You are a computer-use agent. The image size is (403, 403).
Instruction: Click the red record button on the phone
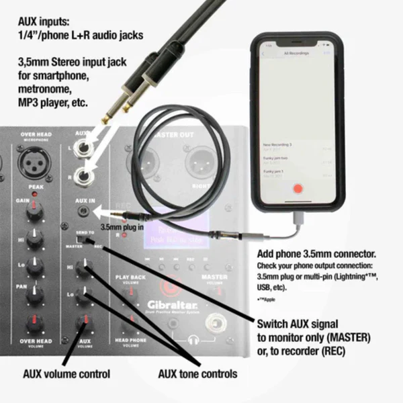(297, 190)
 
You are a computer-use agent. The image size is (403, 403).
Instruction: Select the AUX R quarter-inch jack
(85, 175)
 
